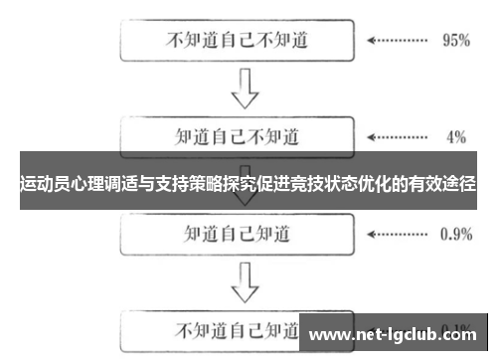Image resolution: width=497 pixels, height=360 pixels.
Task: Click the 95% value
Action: pos(454,41)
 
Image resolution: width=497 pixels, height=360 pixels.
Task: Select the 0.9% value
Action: pos(455,235)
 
